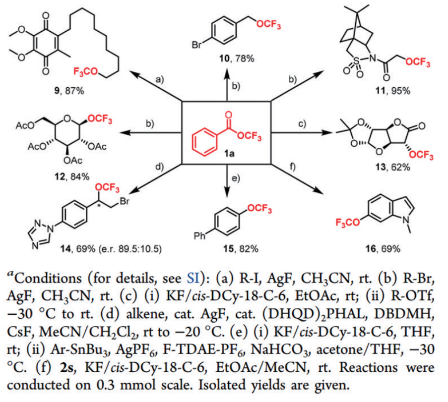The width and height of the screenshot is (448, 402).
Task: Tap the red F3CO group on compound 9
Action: point(86,72)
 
